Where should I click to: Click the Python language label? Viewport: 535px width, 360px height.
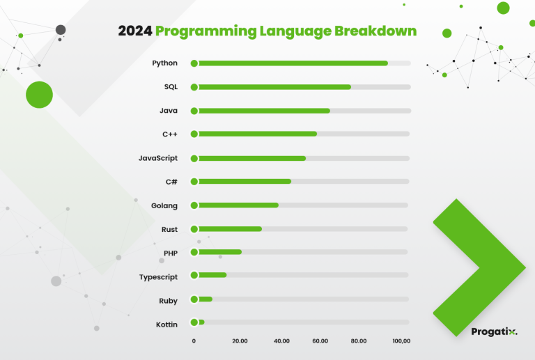click(x=164, y=63)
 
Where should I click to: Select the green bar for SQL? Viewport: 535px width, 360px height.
click(x=272, y=87)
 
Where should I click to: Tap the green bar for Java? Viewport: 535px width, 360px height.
click(x=261, y=111)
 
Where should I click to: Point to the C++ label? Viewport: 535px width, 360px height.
click(x=169, y=134)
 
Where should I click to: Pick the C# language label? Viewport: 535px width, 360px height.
click(x=171, y=182)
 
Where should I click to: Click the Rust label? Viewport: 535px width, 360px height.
click(x=169, y=229)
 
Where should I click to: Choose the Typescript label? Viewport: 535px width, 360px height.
click(x=158, y=277)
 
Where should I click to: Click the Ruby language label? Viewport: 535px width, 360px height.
click(x=168, y=301)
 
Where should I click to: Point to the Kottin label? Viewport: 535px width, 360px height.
click(x=166, y=324)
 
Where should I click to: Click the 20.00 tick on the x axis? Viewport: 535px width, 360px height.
click(x=240, y=341)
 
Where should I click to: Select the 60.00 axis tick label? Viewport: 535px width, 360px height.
click(x=320, y=341)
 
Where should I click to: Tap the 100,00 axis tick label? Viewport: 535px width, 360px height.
click(x=401, y=341)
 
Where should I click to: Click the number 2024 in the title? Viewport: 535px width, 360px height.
click(x=135, y=31)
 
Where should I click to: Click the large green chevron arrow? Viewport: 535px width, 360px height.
click(x=479, y=267)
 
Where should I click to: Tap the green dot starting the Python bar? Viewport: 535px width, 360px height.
click(x=194, y=63)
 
